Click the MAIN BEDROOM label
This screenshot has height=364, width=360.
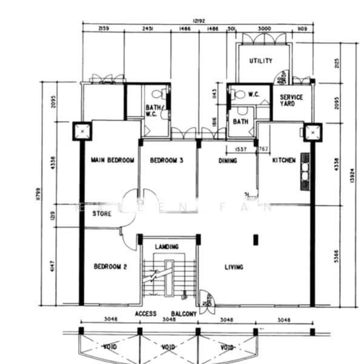click(112, 160)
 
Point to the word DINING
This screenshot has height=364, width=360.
click(227, 161)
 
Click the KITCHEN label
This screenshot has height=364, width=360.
click(284, 160)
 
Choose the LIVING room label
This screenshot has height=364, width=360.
click(233, 267)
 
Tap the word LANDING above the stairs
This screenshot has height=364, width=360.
click(166, 247)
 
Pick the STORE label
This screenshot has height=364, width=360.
click(102, 214)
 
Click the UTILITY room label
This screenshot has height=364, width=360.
click(260, 61)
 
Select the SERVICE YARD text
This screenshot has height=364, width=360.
click(291, 100)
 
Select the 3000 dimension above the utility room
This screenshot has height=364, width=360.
click(264, 29)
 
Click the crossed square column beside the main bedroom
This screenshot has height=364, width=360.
click(81, 130)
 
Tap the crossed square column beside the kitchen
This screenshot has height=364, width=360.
click(312, 132)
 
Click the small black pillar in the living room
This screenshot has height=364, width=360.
click(255, 239)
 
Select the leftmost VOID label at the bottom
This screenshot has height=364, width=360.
click(109, 347)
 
